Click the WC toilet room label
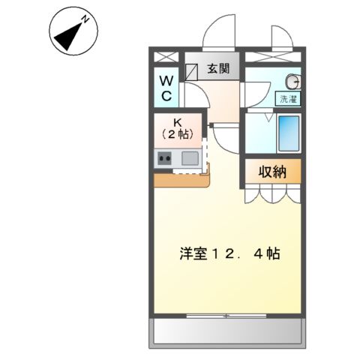[166, 87]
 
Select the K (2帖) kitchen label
[178, 128]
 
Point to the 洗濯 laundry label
[288, 98]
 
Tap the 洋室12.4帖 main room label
[229, 253]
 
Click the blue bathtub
[288, 133]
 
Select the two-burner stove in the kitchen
[165, 158]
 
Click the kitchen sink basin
[189, 158]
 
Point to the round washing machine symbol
[295, 82]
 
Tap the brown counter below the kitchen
[182, 179]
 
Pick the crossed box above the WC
[166, 57]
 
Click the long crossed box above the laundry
[273, 56]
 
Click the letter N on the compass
[85, 18]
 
